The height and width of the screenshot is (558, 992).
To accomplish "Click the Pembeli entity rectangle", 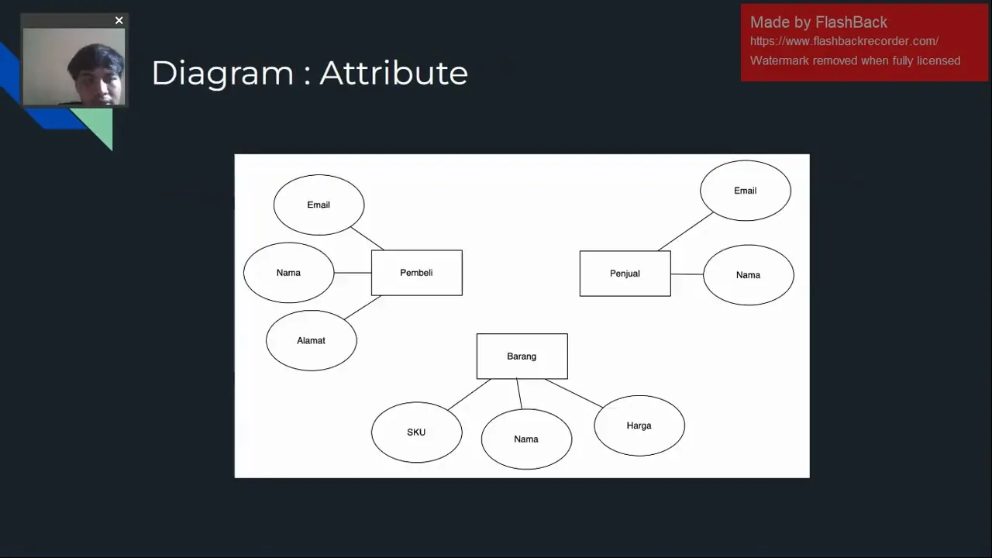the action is coord(416,273).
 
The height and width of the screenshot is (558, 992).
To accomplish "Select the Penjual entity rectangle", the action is coord(625,274).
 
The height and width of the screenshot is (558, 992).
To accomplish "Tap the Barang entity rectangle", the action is coord(522,356).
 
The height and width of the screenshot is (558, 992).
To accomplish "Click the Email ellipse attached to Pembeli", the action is coord(319,205).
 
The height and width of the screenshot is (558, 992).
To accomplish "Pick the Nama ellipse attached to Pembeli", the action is coord(288,273).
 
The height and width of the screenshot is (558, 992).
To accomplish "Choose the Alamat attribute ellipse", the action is coord(311,340).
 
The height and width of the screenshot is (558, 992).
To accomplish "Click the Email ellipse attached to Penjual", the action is coord(745,191).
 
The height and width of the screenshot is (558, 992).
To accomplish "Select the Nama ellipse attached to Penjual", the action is coord(748,275).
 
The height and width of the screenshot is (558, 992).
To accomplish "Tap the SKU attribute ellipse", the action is coord(416,432).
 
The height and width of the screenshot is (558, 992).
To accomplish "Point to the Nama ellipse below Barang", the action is coord(526,439).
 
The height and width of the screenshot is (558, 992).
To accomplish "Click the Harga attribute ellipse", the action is coord(639,425).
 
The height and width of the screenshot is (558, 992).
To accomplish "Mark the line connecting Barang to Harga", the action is coord(573,393).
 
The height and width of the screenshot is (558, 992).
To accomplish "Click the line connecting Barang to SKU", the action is coord(469,394).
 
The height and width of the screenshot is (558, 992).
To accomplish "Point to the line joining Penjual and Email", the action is coord(685,232).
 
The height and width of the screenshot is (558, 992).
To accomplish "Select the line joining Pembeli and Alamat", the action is coord(363,308).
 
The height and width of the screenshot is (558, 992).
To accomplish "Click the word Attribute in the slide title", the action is coord(393,73).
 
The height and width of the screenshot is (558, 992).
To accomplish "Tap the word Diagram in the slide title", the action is coord(222,73).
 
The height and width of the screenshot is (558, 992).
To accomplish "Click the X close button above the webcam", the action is coord(119,21).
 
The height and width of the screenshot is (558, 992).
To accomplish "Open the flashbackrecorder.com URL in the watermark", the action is coord(844,41).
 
